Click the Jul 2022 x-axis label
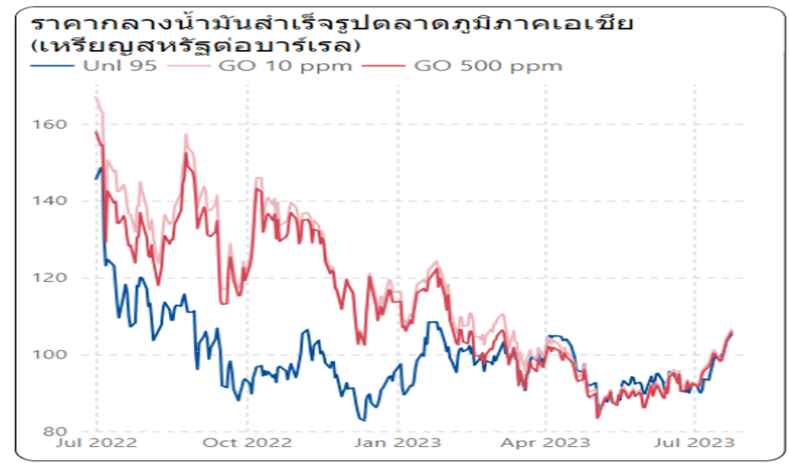coord(96,442)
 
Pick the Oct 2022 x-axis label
coord(247,442)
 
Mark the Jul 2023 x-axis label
coord(695,442)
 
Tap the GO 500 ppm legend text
coord(487,66)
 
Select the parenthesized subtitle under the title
coord(196,46)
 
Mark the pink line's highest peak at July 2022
coord(96,97)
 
